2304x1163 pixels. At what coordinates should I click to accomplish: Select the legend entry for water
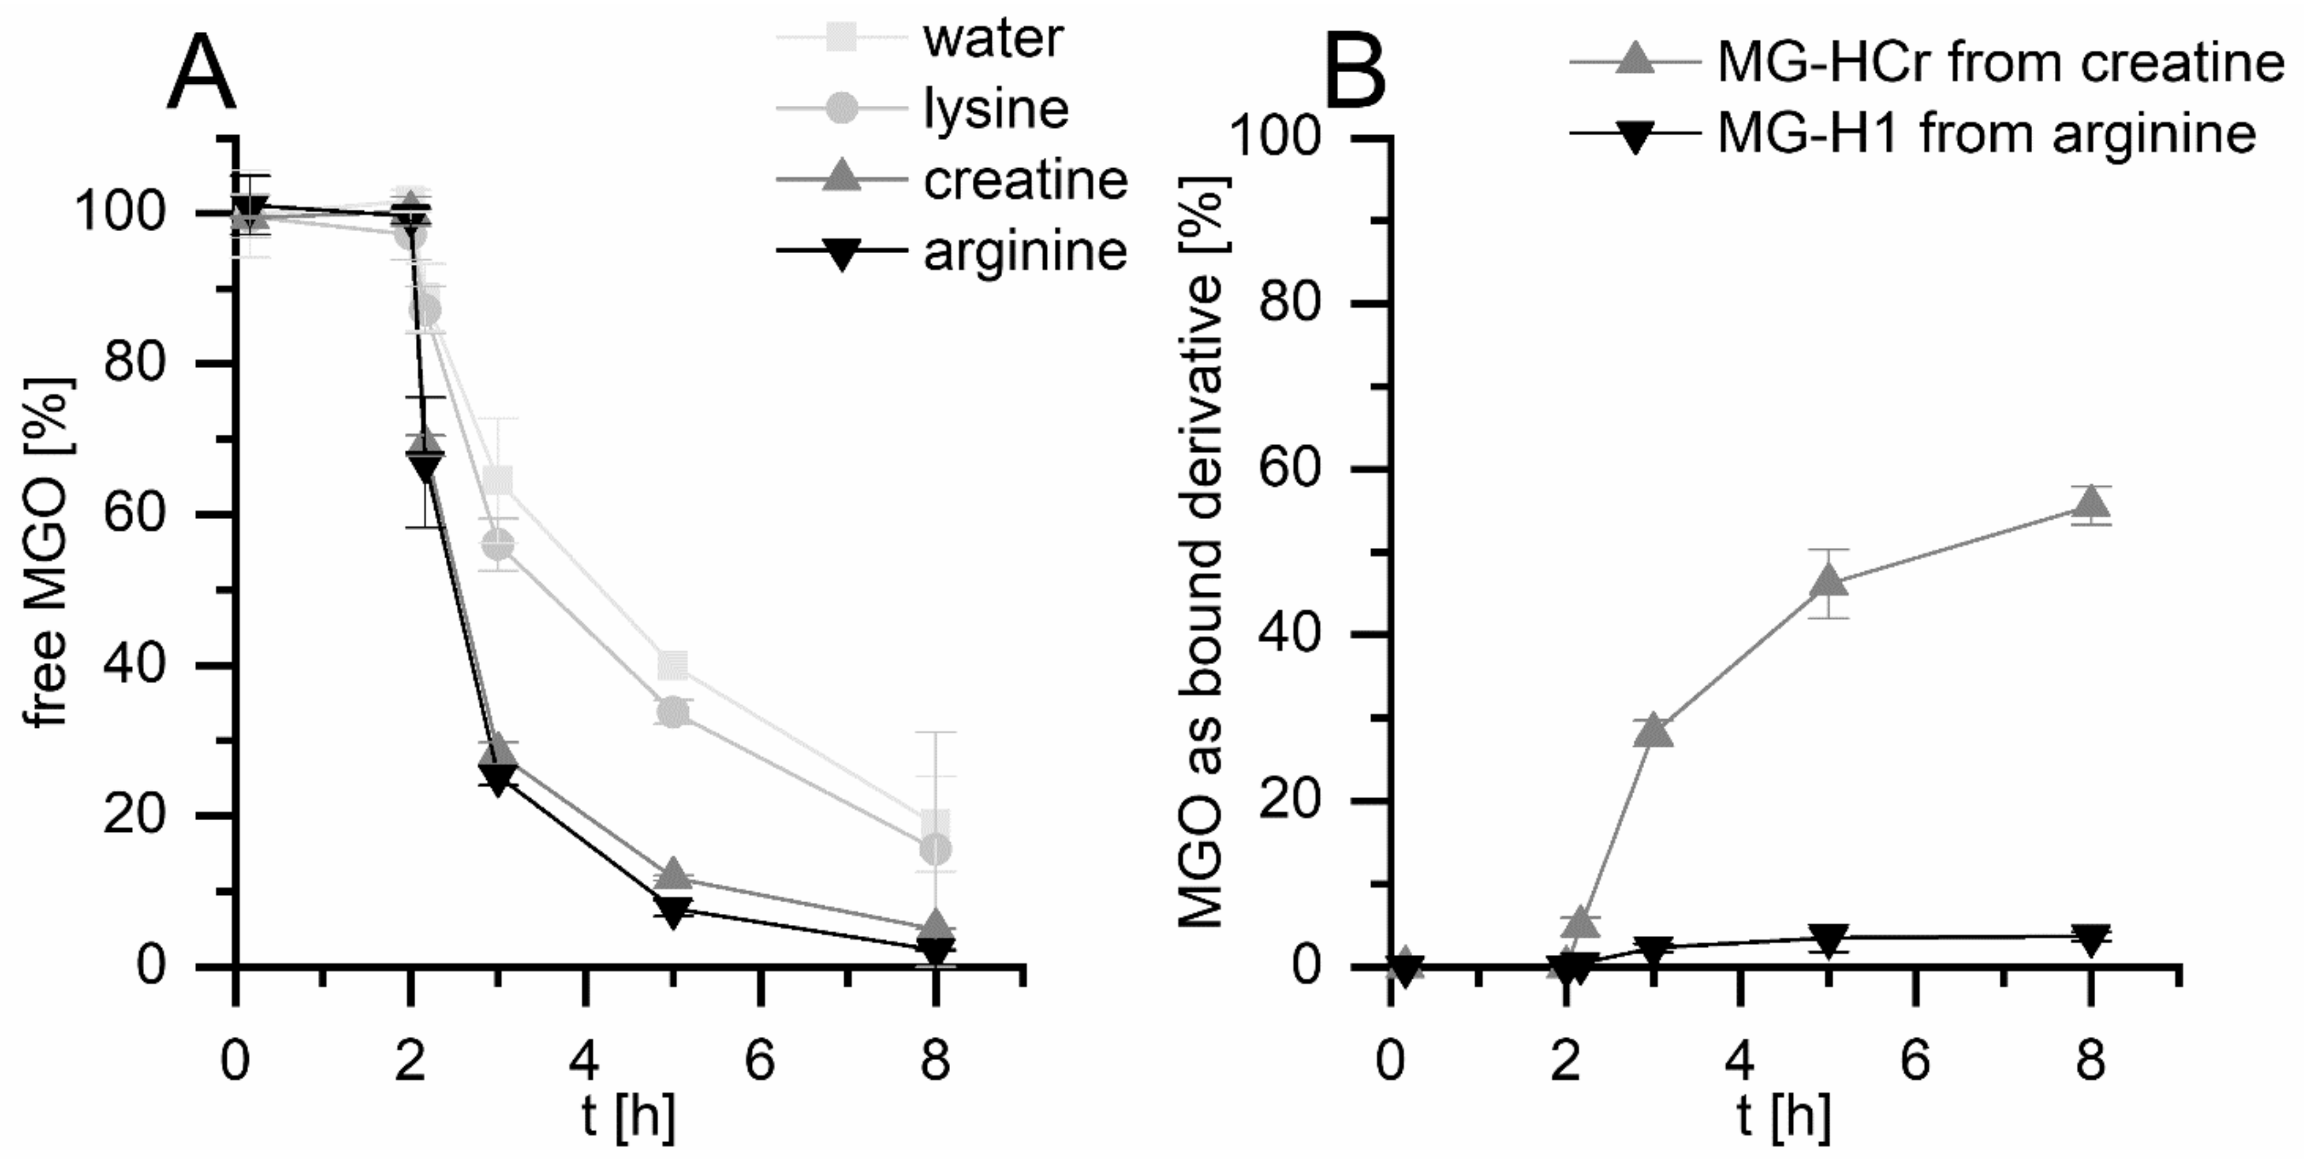pos(993,38)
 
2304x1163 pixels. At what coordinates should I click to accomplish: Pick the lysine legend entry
pos(995,109)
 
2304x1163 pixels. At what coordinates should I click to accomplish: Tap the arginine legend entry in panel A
pos(1025,251)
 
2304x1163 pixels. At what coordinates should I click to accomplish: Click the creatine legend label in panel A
pos(1025,180)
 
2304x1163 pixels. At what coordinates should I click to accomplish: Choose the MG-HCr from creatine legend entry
pos(2000,62)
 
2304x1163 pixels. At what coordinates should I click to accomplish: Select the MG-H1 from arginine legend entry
pos(1985,134)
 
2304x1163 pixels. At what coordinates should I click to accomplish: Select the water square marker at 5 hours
pos(673,664)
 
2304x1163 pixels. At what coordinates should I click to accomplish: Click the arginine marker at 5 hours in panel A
pos(673,911)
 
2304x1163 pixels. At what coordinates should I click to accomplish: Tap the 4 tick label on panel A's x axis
pos(585,1063)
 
